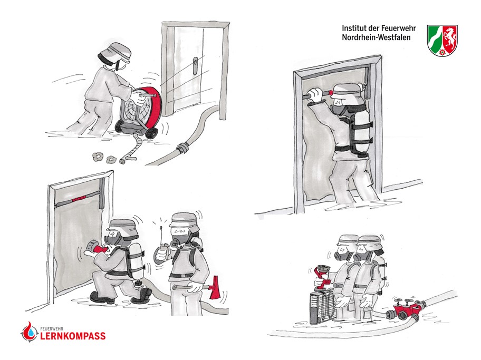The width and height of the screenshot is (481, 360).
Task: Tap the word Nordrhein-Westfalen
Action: click(x=376, y=37)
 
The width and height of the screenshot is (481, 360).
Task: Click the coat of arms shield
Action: click(x=442, y=40)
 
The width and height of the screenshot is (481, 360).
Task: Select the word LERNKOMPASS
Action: click(x=73, y=336)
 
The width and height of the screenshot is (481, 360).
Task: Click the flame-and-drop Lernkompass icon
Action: click(x=29, y=332)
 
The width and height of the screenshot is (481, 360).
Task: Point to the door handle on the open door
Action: click(x=195, y=65)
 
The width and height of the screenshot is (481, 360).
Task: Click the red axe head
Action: click(x=215, y=287)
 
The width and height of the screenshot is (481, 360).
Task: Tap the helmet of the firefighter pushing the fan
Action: click(x=116, y=53)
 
